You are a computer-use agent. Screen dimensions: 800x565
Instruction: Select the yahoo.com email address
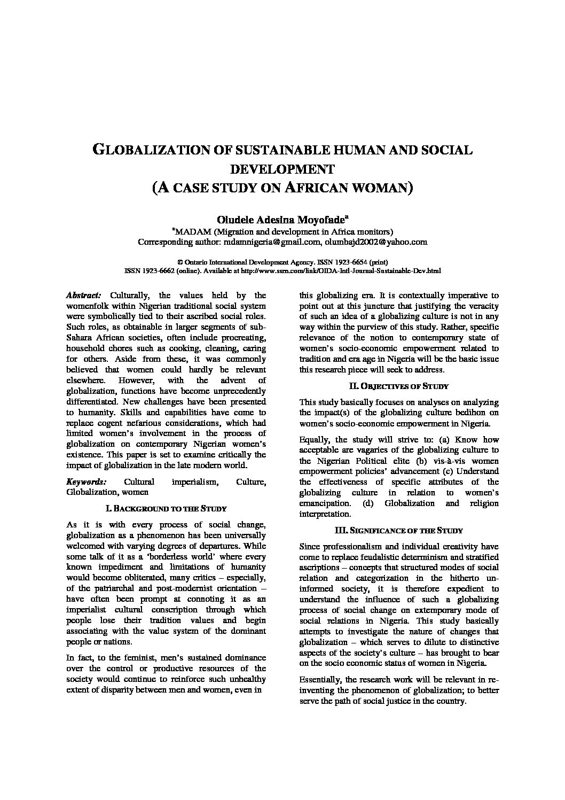pyautogui.click(x=376, y=242)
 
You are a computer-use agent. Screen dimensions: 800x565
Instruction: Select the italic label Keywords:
pyautogui.click(x=86, y=481)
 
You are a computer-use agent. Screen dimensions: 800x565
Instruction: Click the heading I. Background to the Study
pyautogui.click(x=166, y=508)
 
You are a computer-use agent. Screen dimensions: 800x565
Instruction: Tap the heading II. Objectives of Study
pyautogui.click(x=398, y=386)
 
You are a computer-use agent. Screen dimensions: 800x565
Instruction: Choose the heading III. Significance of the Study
pyautogui.click(x=398, y=530)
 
